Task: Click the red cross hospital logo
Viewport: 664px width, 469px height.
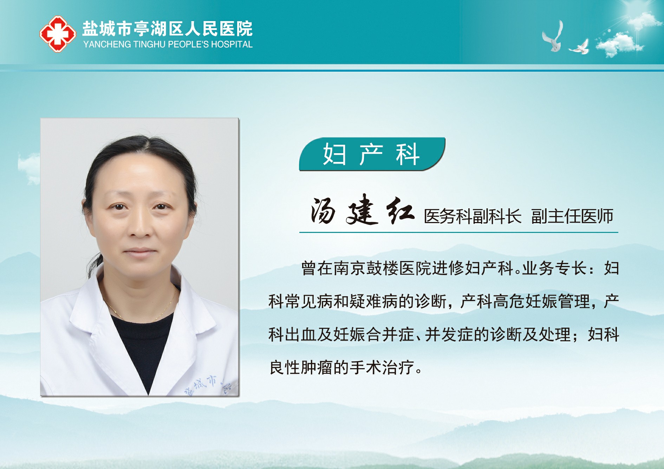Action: [58, 34]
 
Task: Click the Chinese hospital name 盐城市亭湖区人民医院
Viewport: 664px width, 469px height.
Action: [168, 28]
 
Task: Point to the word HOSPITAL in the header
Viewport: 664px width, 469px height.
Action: [232, 44]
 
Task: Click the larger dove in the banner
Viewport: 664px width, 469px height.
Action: [553, 36]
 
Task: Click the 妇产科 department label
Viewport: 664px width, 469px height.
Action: [372, 154]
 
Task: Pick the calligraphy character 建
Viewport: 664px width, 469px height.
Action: [362, 210]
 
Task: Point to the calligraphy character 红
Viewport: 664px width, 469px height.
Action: [400, 210]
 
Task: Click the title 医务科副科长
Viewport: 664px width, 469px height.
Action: [473, 216]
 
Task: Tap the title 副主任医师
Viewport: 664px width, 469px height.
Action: [572, 216]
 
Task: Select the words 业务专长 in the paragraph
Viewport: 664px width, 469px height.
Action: [554, 268]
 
